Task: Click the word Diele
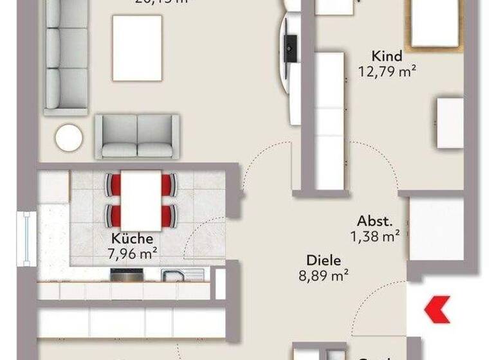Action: [324, 261]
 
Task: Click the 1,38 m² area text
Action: [375, 236]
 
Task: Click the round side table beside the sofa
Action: [69, 137]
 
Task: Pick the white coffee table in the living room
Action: [137, 48]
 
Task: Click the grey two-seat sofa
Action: [137, 136]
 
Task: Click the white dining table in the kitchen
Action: [141, 200]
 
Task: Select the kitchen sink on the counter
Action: [174, 275]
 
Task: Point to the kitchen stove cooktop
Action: [126, 275]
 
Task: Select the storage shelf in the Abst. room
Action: [437, 228]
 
